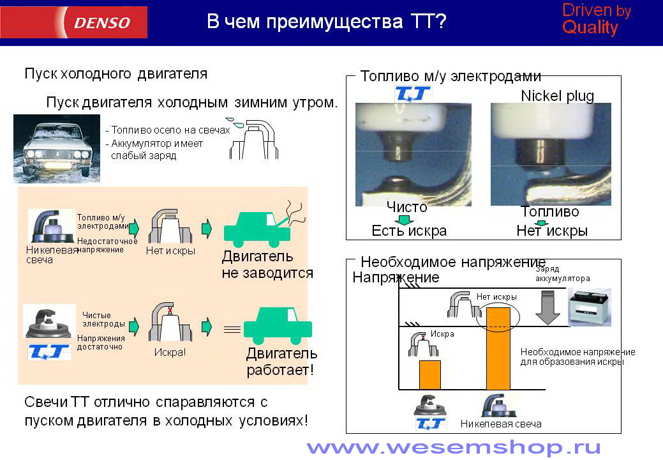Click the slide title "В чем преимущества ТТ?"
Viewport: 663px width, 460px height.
pos(327,21)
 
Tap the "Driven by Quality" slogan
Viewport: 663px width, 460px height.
pos(596,19)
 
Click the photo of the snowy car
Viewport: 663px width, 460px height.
pos(57,148)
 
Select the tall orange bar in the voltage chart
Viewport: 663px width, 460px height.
pos(498,348)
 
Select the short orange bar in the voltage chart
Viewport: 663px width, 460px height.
pos(430,374)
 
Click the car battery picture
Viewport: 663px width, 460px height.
pos(590,307)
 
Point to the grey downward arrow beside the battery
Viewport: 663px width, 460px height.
pos(548,307)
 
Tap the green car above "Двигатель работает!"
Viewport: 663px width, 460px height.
pos(278,325)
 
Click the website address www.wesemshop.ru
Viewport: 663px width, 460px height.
pos(454,447)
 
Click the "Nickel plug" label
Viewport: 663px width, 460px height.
pos(557,96)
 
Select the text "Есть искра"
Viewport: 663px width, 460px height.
pos(409,231)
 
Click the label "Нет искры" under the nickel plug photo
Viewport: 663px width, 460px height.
pos(552,231)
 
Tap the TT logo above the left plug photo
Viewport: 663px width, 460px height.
pos(412,93)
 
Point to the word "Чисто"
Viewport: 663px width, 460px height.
pos(406,208)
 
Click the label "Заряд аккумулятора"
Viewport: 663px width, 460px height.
pos(562,273)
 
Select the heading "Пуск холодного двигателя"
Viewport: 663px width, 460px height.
pos(116,73)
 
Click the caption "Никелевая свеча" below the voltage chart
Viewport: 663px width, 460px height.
pos(501,424)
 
